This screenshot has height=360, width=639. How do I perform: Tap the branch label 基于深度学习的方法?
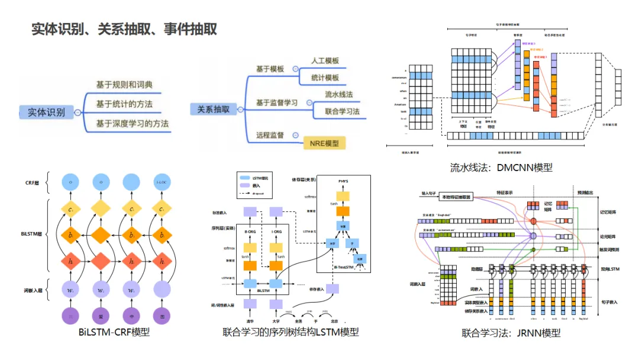pos(133,123)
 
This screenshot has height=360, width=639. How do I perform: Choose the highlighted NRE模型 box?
pos(324,143)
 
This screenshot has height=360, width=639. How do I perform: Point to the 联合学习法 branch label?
pos(343,111)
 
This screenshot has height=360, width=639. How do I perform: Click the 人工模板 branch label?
pos(325,61)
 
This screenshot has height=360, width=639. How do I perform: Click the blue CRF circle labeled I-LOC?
pos(161,182)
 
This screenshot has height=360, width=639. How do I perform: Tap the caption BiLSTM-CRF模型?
pos(114,332)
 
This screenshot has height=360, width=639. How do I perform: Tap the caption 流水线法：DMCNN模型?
pos(501,167)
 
